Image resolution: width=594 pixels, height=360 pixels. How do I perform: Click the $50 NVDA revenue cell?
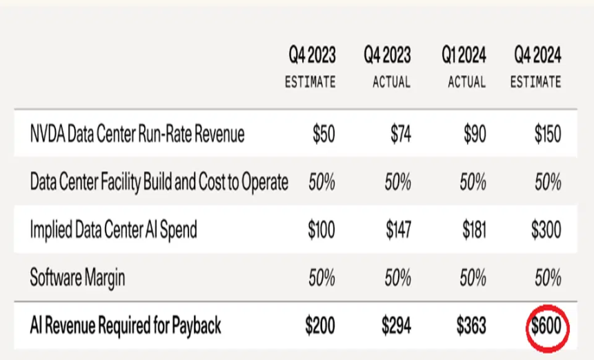pyautogui.click(x=323, y=134)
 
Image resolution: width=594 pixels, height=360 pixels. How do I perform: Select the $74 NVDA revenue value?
pyautogui.click(x=398, y=134)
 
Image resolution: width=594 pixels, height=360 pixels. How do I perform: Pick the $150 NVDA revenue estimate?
pyautogui.click(x=547, y=134)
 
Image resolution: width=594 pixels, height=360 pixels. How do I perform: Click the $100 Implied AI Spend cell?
pyautogui.click(x=319, y=230)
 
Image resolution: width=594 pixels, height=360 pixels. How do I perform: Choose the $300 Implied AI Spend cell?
pyautogui.click(x=546, y=230)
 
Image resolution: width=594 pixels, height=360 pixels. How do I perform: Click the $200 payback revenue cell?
pyautogui.click(x=319, y=326)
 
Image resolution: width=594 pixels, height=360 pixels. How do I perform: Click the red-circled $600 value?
pyautogui.click(x=546, y=326)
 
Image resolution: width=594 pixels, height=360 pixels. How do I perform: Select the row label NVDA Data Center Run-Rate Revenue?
pyautogui.click(x=137, y=134)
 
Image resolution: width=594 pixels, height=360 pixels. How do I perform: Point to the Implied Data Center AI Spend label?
pyautogui.click(x=114, y=230)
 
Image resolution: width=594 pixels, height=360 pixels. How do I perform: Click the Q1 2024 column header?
pyautogui.click(x=464, y=54)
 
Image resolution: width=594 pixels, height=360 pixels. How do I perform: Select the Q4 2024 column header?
pyautogui.click(x=537, y=54)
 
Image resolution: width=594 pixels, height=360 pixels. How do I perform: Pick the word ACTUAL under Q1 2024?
pyautogui.click(x=467, y=82)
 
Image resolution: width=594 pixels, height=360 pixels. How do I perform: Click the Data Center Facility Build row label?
pyautogui.click(x=159, y=182)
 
